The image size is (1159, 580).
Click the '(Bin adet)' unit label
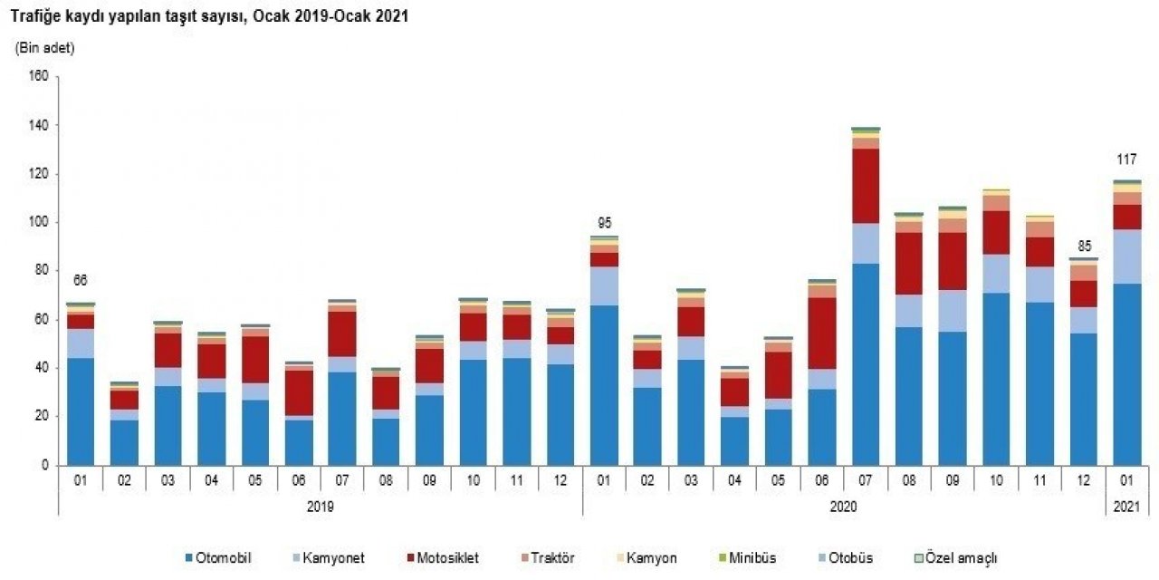click(45, 48)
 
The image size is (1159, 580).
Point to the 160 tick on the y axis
click(37, 77)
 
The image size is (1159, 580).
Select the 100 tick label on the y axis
click(37, 222)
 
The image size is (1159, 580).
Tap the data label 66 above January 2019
click(81, 280)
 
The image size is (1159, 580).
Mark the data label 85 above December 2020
click(1084, 244)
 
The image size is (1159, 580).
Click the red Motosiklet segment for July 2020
click(866, 186)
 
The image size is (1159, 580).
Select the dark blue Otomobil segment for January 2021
click(1127, 373)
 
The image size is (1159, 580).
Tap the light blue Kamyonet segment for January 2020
click(604, 285)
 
